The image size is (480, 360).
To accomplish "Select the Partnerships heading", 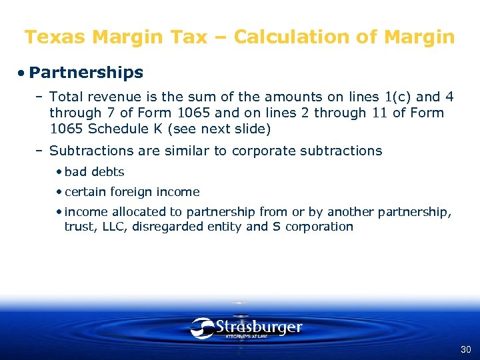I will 86,72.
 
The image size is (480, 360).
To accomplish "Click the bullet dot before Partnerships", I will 22,73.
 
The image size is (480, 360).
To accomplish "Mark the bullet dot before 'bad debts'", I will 59,172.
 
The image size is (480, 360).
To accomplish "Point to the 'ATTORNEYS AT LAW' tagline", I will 246,337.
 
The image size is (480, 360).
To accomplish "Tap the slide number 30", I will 465,349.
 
